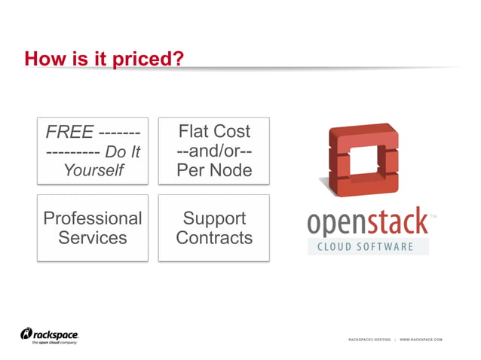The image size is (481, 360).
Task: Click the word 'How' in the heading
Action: point(42,58)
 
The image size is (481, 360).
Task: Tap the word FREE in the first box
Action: point(69,133)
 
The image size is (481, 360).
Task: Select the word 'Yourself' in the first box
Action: point(93,170)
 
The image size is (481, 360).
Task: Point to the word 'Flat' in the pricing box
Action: point(193,131)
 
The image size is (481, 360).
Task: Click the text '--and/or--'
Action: point(214,151)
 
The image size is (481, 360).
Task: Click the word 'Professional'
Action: point(93,218)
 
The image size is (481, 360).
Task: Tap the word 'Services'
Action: point(93,238)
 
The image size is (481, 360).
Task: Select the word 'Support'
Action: point(214,218)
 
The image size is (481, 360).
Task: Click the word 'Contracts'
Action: point(214,238)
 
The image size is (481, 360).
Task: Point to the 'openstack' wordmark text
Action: point(368,224)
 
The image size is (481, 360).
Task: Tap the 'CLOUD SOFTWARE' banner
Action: point(368,246)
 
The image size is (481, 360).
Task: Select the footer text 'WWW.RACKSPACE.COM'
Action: point(421,340)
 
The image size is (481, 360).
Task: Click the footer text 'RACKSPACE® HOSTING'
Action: point(369,340)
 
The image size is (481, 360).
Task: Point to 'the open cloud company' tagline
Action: point(54,343)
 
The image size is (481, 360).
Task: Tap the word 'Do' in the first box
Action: point(115,151)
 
